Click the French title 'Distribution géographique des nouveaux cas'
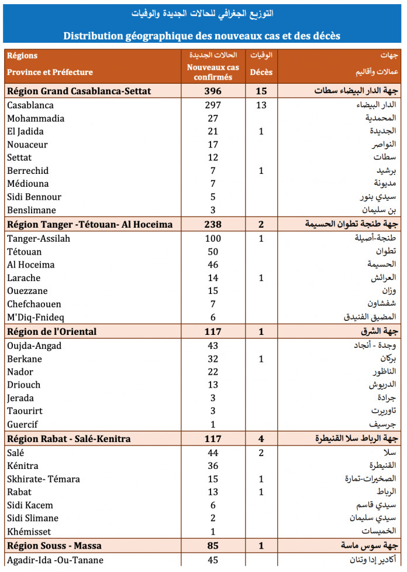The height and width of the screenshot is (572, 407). pos(202,36)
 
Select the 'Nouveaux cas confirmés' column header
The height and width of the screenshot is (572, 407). pos(212,72)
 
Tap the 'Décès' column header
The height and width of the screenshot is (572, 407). pos(261,73)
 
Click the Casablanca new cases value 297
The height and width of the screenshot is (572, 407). pos(212,105)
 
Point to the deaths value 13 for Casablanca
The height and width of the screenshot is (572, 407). pos(261,105)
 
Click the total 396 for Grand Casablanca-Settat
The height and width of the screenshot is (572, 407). pos(212,91)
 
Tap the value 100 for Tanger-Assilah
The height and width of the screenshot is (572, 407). pos(212,238)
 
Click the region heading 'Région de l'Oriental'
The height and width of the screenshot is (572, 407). pos(51,332)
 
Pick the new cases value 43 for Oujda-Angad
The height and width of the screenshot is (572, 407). pos(212,345)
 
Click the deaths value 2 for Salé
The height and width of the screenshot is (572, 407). pos(261,453)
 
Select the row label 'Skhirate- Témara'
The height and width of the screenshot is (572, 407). pos(43,479)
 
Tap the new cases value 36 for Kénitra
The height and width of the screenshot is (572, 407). pos(212,466)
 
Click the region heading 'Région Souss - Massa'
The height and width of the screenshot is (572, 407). pos(54,546)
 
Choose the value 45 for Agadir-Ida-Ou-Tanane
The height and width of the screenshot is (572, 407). pos(212,560)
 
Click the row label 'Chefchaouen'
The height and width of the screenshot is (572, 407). pos(35,304)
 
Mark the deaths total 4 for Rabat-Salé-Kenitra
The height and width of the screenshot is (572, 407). pos(261,439)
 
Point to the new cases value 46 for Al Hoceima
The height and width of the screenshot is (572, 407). pos(212,265)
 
